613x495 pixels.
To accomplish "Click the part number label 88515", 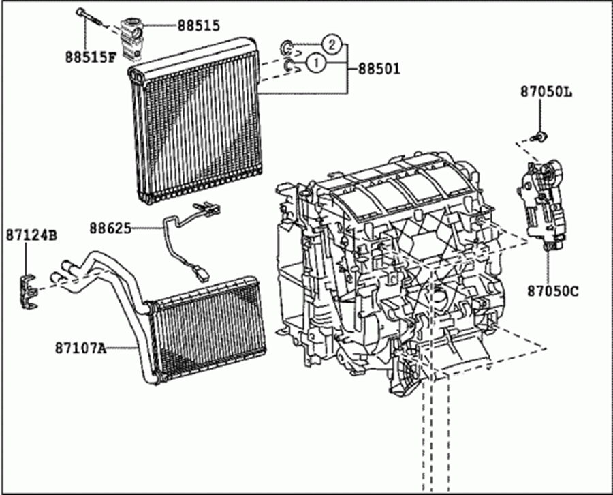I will (199, 25).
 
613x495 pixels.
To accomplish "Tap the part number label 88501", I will (377, 69).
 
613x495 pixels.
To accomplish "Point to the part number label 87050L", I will (546, 91).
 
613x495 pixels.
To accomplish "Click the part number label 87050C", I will (552, 291).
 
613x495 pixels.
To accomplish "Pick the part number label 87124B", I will (31, 235).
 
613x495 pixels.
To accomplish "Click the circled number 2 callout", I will (330, 45).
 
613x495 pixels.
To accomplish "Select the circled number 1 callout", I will (315, 63).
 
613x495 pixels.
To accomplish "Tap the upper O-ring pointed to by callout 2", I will (287, 47).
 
